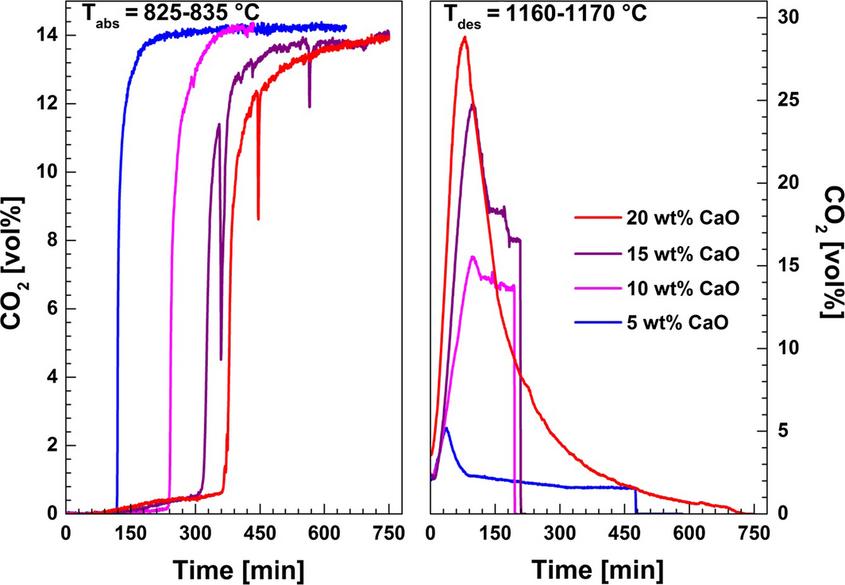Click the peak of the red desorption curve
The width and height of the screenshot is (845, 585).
465,37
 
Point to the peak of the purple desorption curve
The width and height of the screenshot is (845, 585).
473,105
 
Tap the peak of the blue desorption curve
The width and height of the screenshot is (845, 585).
446,429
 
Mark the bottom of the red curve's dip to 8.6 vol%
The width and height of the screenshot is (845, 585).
258,219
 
